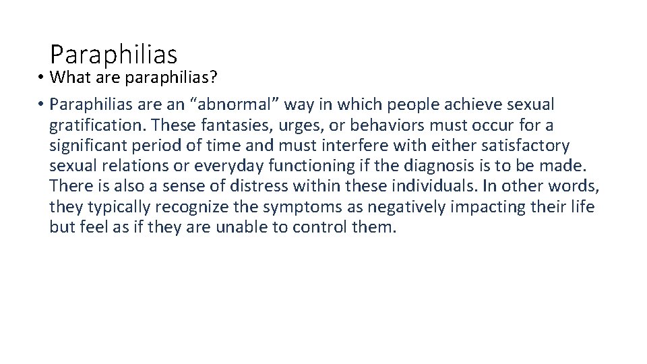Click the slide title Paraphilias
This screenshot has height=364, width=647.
tap(113, 53)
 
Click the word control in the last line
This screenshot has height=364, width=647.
tap(320, 227)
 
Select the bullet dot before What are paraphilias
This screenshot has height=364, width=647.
tap(41, 78)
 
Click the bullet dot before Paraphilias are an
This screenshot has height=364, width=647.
tap(41, 104)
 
